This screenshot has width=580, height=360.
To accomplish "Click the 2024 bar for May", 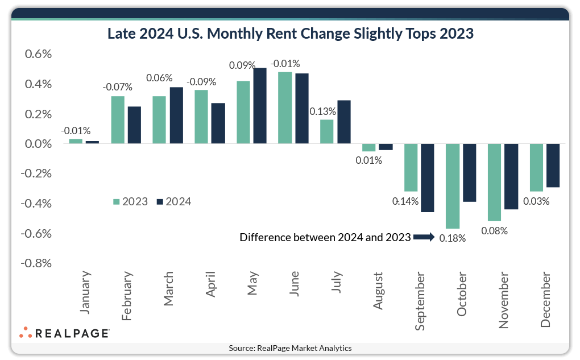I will tap(260, 106).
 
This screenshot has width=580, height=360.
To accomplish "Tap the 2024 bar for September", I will tap(428, 178).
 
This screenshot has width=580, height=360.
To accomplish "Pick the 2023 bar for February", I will tap(118, 120).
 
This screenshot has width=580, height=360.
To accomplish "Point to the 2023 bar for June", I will tap(285, 108).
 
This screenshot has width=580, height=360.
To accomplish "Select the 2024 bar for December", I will tap(553, 165).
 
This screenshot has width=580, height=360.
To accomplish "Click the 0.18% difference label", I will tap(453, 238).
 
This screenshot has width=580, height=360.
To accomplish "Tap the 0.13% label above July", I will tap(322, 111).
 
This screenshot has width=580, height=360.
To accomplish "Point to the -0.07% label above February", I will tap(117, 87).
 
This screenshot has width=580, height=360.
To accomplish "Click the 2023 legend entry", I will tap(131, 201).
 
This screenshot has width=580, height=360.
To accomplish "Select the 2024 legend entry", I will tap(174, 201).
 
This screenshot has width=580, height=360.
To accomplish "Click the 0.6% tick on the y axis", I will tap(36, 55).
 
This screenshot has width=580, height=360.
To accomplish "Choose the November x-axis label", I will tap(503, 300).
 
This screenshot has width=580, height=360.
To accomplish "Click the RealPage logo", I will tap(64, 333).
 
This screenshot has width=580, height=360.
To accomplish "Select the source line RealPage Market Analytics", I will tap(290, 348).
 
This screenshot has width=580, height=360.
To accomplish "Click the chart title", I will tap(291, 34).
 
